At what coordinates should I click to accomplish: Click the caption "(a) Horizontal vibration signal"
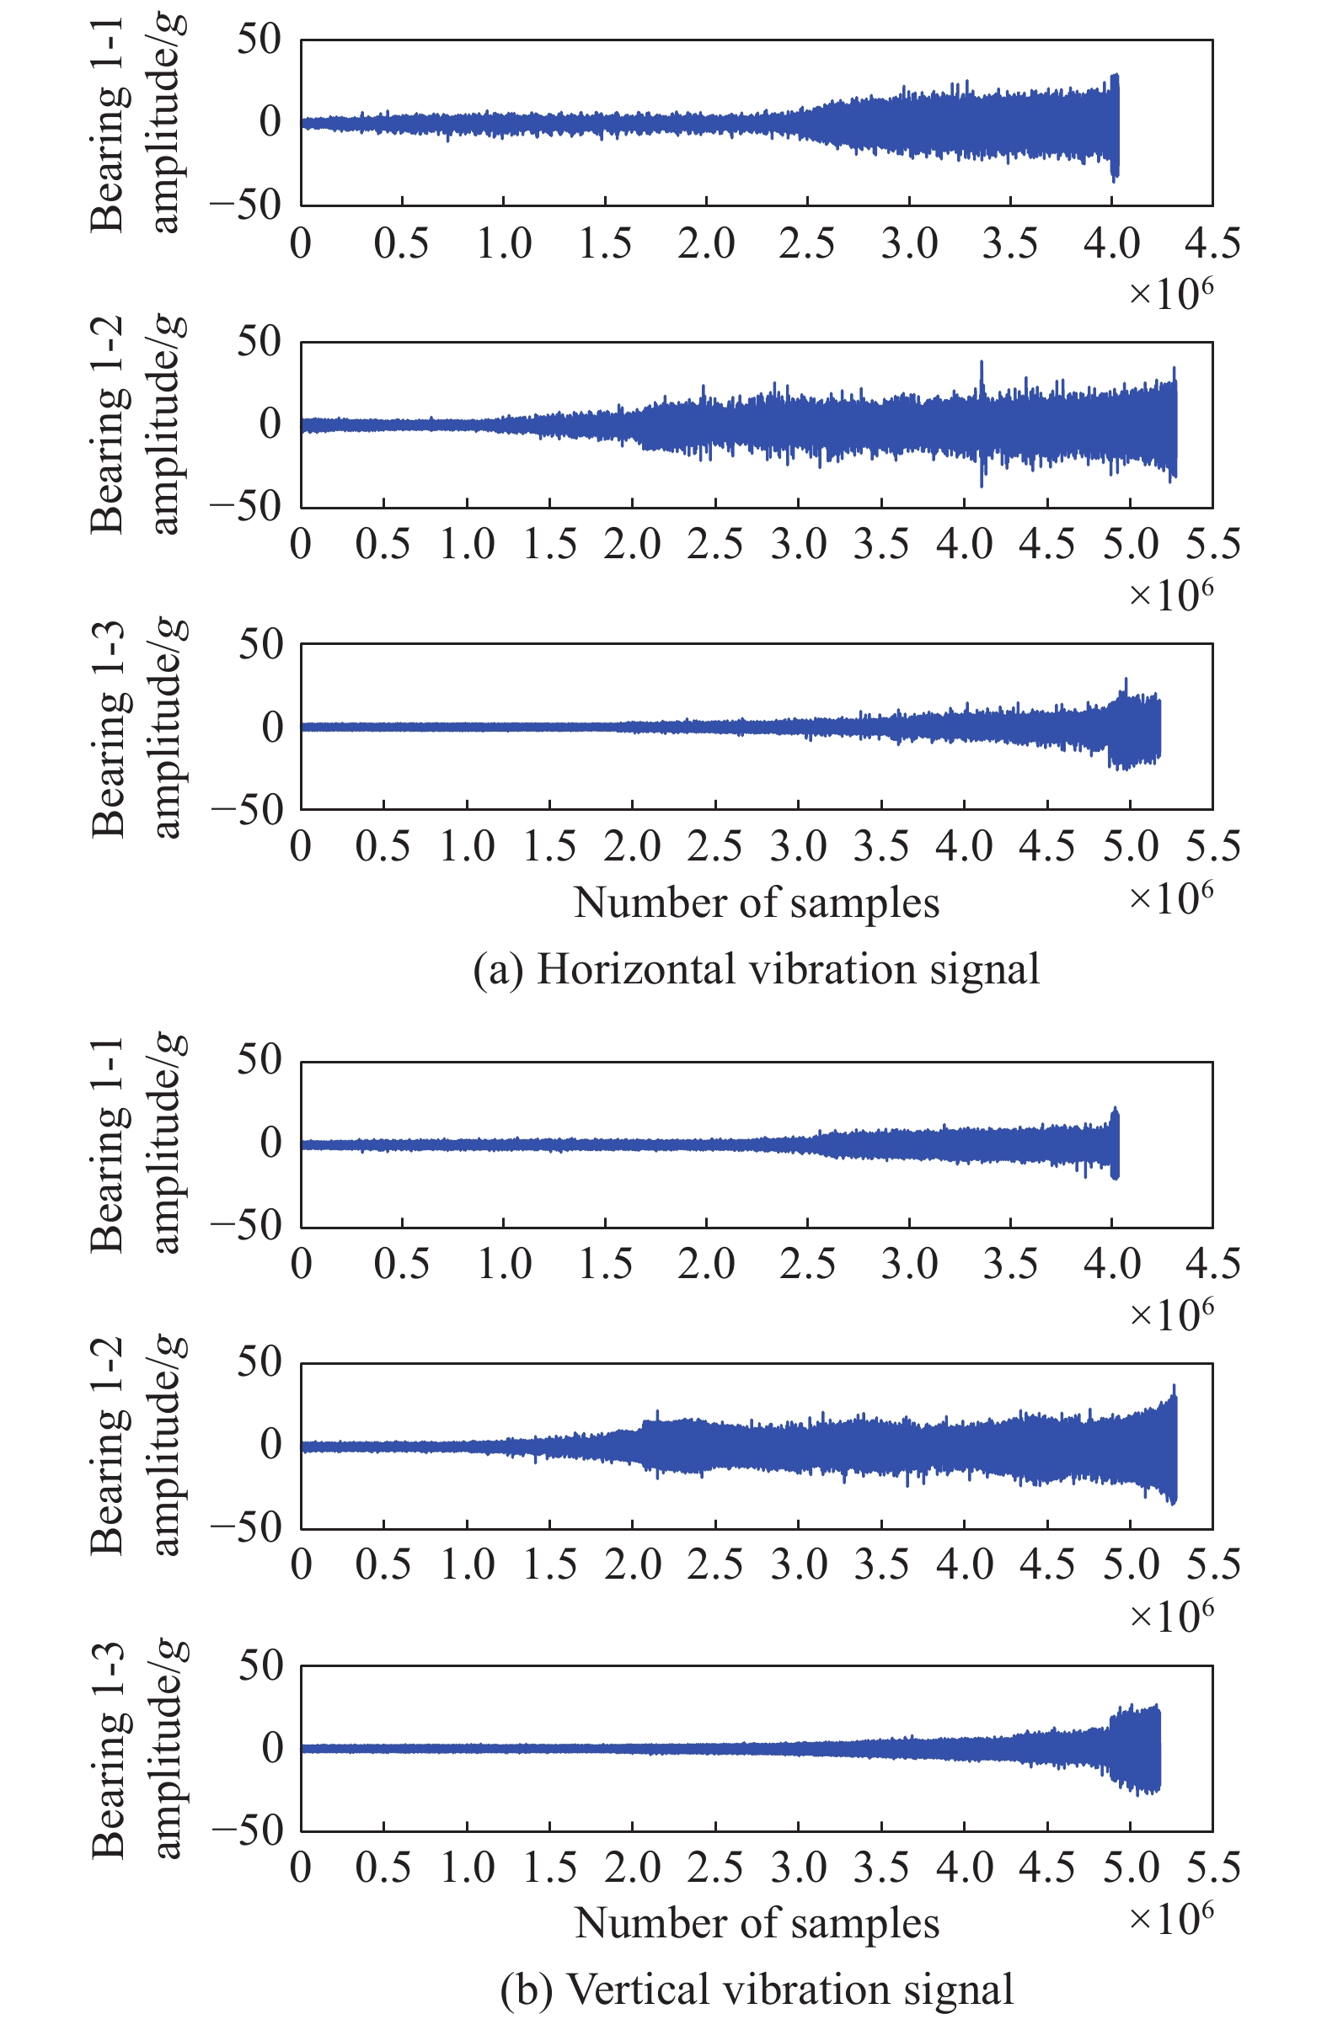(x=756, y=970)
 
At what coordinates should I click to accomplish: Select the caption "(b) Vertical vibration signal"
(x=756, y=1990)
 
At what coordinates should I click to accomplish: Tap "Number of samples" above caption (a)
(x=756, y=903)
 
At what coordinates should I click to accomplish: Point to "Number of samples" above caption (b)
(x=756, y=1922)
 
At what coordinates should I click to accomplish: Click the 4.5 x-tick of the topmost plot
(x=1212, y=244)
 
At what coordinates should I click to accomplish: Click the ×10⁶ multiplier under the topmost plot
(x=1170, y=294)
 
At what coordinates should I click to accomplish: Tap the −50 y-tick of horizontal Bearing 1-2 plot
(x=246, y=507)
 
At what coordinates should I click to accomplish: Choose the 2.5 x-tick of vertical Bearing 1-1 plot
(x=807, y=1264)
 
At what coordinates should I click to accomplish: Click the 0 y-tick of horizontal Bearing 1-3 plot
(x=271, y=727)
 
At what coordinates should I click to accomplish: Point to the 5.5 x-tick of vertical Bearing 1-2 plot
(x=1212, y=1564)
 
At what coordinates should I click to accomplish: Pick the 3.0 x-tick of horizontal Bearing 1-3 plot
(x=799, y=846)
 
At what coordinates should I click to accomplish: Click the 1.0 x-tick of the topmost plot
(x=504, y=244)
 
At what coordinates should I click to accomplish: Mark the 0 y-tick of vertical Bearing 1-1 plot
(x=271, y=1143)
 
